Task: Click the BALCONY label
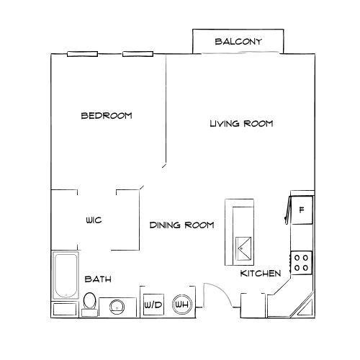point(238,42)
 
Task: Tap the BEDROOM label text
point(107,115)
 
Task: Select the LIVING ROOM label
point(241,124)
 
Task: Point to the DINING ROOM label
point(182,225)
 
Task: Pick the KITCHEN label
point(260,274)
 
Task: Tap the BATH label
point(97,279)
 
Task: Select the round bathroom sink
point(116,307)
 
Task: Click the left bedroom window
point(82,54)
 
